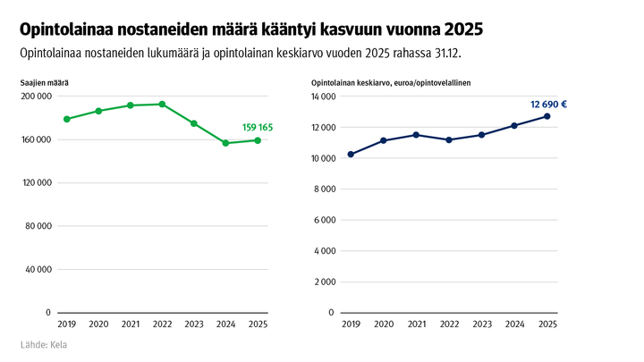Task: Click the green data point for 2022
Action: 162,104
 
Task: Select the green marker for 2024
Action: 225,143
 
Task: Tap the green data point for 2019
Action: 67,119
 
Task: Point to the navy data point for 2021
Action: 415,135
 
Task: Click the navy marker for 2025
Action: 547,116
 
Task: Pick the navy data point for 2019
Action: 351,155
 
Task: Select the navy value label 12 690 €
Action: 548,105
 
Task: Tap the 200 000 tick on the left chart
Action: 36,97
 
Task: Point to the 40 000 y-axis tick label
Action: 38,269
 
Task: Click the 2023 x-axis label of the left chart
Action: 193,324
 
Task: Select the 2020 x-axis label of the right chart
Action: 383,324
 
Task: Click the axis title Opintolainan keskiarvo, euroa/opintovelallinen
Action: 391,82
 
